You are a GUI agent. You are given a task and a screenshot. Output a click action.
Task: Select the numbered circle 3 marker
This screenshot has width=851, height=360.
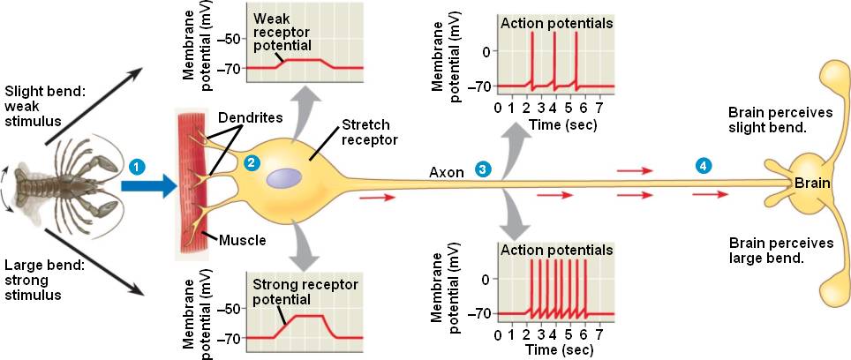tap(482, 169)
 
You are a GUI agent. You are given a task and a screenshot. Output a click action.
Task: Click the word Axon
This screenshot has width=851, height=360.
tap(447, 171)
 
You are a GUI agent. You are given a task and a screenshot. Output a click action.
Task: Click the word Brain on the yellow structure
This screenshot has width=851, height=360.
tap(811, 183)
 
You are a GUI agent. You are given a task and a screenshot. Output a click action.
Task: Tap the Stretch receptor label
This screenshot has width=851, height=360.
tap(364, 131)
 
